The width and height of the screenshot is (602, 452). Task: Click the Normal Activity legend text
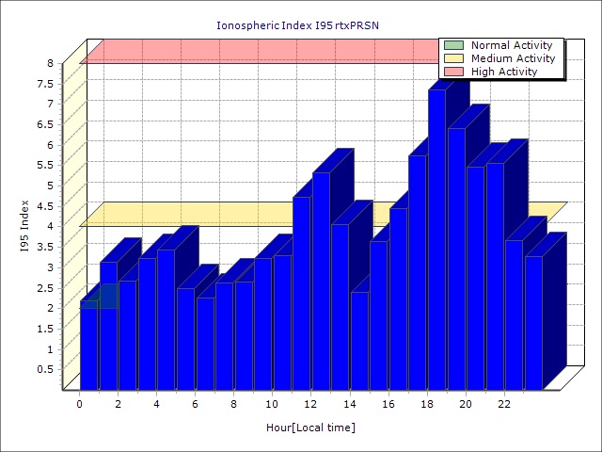513,45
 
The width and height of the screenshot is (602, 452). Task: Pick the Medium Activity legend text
513,58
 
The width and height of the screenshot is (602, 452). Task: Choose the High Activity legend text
504,72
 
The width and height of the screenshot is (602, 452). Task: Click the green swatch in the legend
454,45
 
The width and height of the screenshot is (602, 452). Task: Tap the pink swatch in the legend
454,72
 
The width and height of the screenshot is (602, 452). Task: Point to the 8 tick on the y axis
51,63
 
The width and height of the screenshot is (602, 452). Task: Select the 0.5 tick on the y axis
47,369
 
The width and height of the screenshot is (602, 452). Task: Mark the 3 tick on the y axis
51,267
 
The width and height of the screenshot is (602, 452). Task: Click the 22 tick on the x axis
504,403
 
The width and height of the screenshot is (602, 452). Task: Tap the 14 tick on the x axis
350,403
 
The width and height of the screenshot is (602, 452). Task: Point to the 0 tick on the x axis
80,403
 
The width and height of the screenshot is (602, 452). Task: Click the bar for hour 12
321,282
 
